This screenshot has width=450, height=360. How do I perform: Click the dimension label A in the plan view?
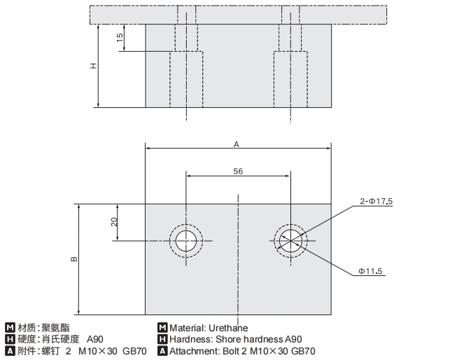237,144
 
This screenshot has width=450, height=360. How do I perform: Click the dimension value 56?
238,171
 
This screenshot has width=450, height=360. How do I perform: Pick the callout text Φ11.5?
374,270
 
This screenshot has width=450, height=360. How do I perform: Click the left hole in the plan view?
185,241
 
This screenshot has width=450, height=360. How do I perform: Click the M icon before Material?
162,327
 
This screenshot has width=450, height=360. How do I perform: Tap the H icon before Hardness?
162,339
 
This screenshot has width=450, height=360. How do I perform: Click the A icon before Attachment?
162,351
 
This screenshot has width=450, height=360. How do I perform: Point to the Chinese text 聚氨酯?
55,327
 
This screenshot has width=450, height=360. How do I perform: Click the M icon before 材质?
9,327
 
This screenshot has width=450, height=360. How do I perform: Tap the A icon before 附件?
9,351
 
